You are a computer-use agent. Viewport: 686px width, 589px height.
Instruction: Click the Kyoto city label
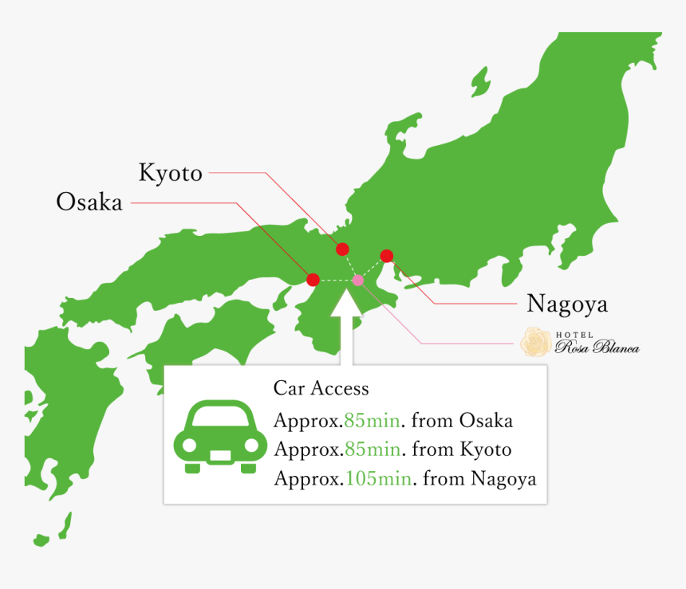coord(171,173)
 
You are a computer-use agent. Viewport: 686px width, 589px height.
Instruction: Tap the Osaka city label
coord(89,202)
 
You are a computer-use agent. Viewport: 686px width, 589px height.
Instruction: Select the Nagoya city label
coord(567,304)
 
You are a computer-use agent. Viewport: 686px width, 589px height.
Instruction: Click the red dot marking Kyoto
coord(342,249)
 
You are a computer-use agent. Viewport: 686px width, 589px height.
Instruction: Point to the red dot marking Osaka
coord(313,280)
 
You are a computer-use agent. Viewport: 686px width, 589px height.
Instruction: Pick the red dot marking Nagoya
coord(387,256)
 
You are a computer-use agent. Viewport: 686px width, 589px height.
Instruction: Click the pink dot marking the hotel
coord(357,280)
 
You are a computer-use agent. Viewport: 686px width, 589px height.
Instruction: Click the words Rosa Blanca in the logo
coord(597,347)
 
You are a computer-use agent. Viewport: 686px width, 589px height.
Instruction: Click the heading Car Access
coord(321,388)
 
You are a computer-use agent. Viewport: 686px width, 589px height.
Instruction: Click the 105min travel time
coord(379,479)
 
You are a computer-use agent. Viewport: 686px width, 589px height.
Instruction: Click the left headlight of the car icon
coord(189,446)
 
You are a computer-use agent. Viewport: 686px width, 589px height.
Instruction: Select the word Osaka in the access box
coord(487,420)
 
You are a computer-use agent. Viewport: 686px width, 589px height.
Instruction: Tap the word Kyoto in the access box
coord(486,450)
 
